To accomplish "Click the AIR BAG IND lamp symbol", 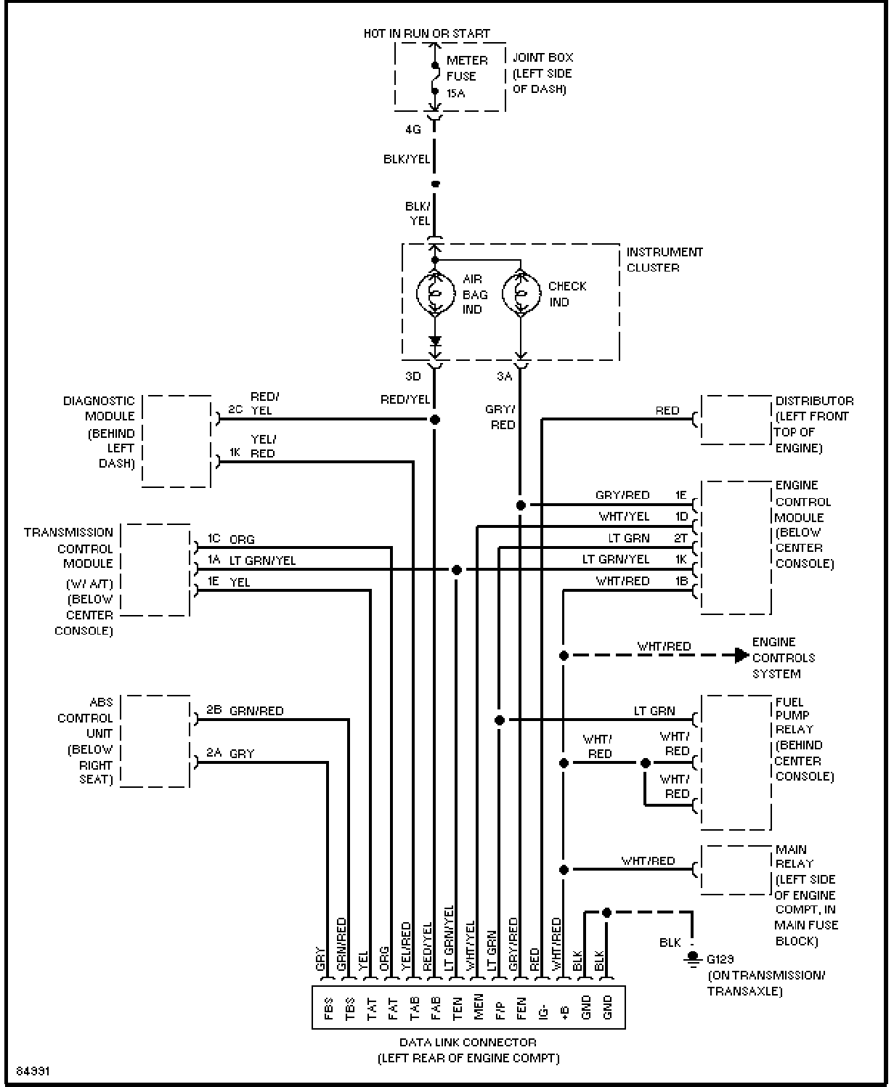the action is pyautogui.click(x=435, y=294).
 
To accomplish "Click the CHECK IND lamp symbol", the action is pyautogui.click(x=521, y=294).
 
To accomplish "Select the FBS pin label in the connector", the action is pyautogui.click(x=328, y=1008).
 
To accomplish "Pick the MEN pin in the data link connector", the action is pyautogui.click(x=479, y=1007).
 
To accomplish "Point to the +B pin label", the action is pyautogui.click(x=565, y=1012).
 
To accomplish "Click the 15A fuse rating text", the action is pyautogui.click(x=456, y=93).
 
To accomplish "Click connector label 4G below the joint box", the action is pyautogui.click(x=413, y=129).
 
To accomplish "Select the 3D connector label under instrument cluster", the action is pyautogui.click(x=413, y=376).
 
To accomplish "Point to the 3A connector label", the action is pyautogui.click(x=504, y=376).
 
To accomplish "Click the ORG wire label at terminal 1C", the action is pyautogui.click(x=242, y=539).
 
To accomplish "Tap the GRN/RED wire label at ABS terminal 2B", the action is pyautogui.click(x=256, y=711).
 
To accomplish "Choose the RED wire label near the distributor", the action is pyautogui.click(x=667, y=410).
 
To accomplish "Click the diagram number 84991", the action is pyautogui.click(x=33, y=1071).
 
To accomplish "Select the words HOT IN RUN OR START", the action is pyautogui.click(x=426, y=34).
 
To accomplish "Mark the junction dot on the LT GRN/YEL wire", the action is pyautogui.click(x=457, y=570).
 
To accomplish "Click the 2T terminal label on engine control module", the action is pyautogui.click(x=680, y=538).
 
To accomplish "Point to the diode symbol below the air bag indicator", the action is pyautogui.click(x=435, y=340).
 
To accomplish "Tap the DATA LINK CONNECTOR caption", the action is pyautogui.click(x=468, y=1042).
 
